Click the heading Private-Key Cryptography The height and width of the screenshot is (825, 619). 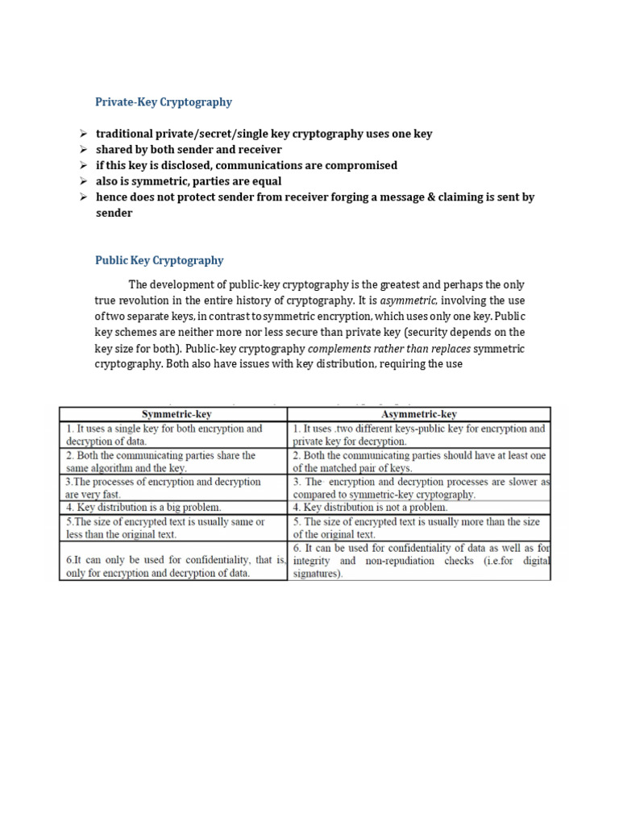click(x=163, y=102)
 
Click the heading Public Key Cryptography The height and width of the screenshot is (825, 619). click(x=159, y=260)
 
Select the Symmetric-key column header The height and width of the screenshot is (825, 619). click(x=173, y=414)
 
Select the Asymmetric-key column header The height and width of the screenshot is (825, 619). click(x=419, y=414)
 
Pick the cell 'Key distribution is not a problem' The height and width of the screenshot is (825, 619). click(x=370, y=508)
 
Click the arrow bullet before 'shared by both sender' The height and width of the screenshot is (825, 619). click(x=82, y=150)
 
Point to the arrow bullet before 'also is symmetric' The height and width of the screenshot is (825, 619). click(x=82, y=181)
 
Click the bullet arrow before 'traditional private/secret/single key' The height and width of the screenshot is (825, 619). click(x=82, y=134)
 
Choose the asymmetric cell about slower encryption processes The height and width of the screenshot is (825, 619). click(x=419, y=487)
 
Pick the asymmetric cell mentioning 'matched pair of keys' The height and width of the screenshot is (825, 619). click(x=419, y=462)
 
